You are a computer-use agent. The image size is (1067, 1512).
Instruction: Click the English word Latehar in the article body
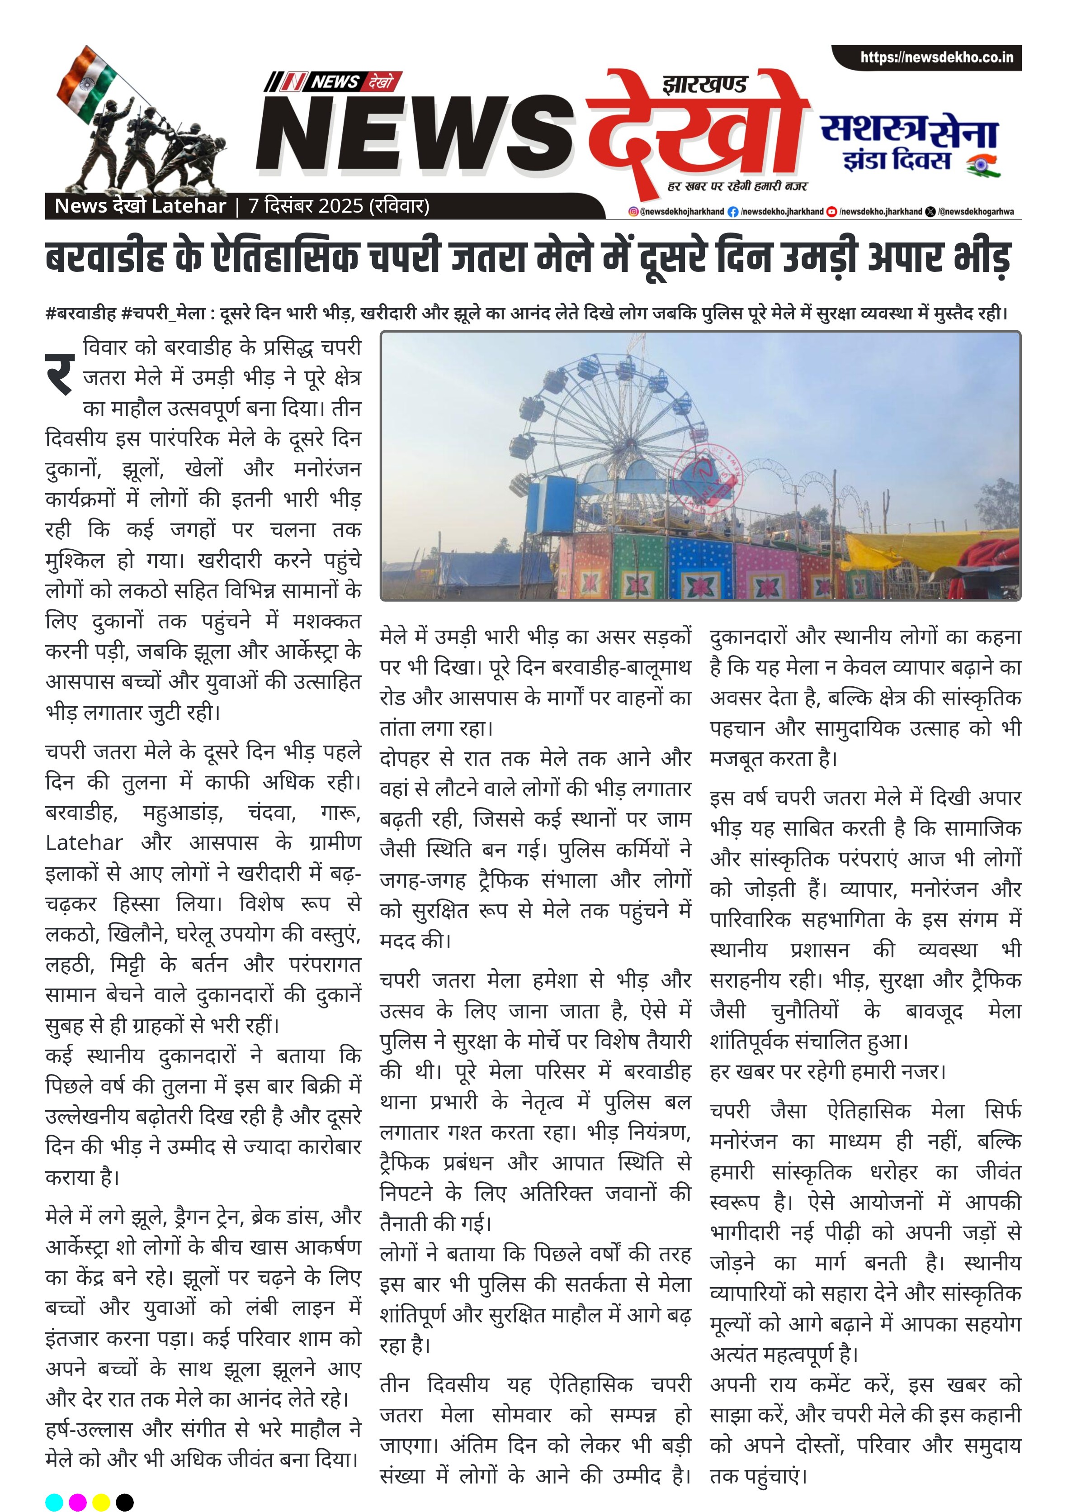pyautogui.click(x=84, y=843)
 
